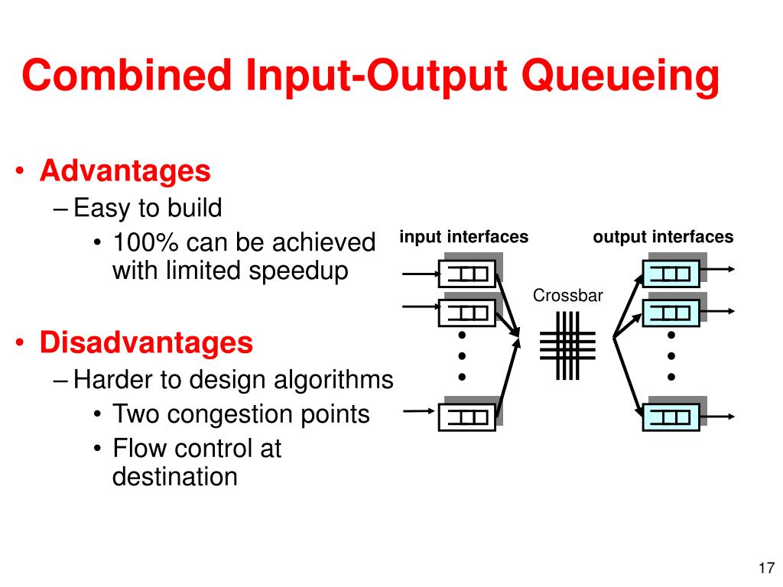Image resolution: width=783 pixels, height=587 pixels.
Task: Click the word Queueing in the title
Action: point(620,76)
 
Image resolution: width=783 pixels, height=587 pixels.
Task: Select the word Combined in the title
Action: point(127,75)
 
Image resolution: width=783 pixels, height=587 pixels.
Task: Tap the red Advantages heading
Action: point(125,171)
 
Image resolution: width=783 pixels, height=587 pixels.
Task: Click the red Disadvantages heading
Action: point(146,343)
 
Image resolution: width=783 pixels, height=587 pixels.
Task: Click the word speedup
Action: point(299,272)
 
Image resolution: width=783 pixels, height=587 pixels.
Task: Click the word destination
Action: point(175,476)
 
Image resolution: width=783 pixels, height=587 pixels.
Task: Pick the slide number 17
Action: point(766,568)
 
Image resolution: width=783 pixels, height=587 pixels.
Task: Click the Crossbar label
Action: point(568,296)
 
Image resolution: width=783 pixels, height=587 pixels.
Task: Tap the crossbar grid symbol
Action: point(568,345)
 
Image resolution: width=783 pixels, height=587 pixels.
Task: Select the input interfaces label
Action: point(464,237)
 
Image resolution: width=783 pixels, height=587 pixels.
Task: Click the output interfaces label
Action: point(663,237)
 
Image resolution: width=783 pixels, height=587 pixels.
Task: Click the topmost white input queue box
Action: point(467,274)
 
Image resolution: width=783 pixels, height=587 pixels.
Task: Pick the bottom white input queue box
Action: point(467,417)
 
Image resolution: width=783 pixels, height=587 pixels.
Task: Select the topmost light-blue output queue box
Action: point(671,274)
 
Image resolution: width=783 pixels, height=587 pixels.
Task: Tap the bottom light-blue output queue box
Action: point(671,417)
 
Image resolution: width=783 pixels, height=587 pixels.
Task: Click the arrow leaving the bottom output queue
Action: point(717,417)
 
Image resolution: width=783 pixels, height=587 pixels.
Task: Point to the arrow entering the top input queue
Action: point(421,274)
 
